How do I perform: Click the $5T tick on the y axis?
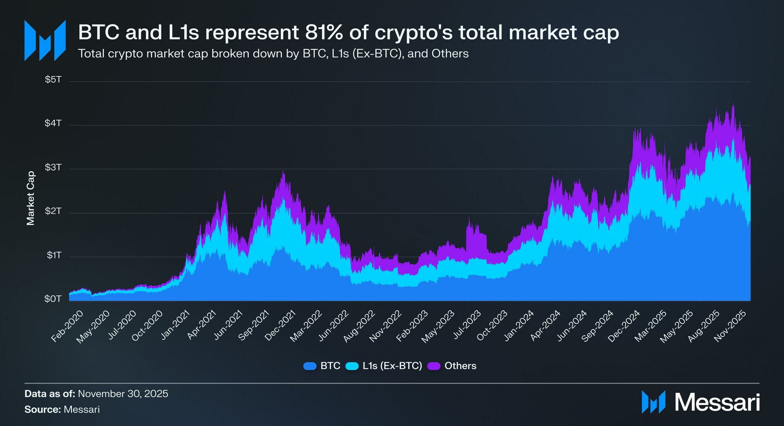53,79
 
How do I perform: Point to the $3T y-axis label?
53,167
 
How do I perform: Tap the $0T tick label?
53,299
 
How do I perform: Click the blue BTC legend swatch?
310,366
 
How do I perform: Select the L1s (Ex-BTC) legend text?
392,366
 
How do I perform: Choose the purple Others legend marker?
434,366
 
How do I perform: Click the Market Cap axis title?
31,198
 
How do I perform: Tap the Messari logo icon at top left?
45,40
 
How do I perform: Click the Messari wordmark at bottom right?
717,402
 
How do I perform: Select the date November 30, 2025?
123,394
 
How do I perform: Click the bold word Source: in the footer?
42,409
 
